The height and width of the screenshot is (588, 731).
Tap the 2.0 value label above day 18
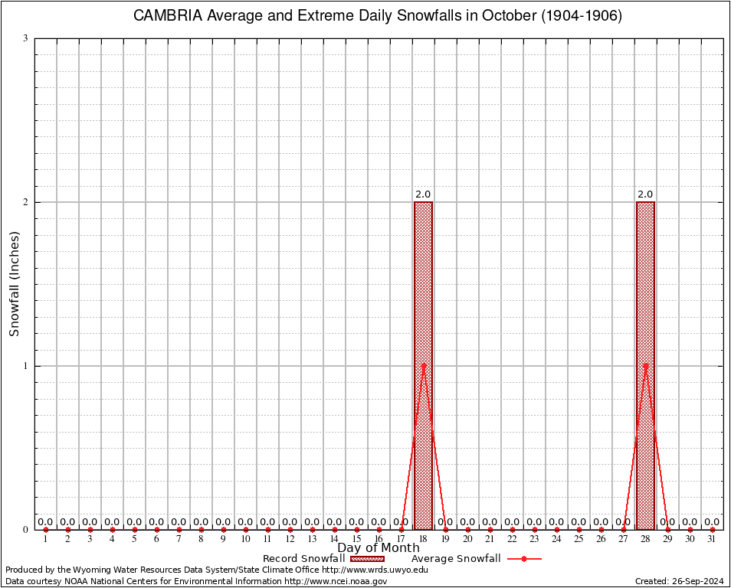[423, 194]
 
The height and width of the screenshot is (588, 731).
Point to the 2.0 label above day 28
[645, 194]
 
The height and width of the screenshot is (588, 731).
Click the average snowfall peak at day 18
[423, 365]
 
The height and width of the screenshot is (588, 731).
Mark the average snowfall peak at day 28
[645, 365]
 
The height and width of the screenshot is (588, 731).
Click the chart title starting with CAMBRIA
[378, 15]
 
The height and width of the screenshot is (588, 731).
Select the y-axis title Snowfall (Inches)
[14, 284]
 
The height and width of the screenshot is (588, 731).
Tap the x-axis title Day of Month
[379, 547]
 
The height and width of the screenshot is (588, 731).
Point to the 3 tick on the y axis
[25, 38]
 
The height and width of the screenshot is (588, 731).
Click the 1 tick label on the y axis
[25, 366]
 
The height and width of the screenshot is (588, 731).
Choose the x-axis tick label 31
[712, 539]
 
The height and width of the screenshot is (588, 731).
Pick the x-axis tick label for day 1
[45, 539]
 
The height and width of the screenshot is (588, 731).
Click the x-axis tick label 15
[356, 539]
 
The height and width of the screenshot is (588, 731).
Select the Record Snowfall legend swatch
[368, 559]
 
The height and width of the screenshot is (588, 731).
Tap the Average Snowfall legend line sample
[524, 559]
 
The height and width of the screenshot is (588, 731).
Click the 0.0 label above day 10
[245, 522]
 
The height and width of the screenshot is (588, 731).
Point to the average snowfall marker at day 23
[534, 529]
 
